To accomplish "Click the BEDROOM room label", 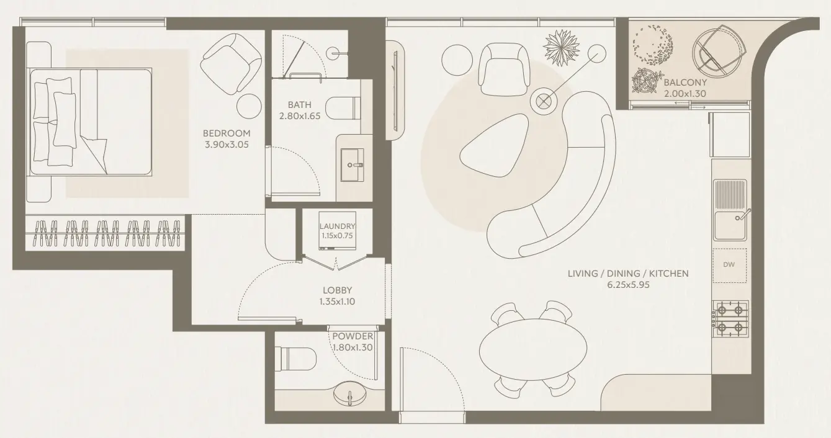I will [227, 133].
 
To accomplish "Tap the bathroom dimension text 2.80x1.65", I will [299, 115].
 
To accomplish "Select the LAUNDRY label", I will [338, 226].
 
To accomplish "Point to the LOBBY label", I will [337, 290].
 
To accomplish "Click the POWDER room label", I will [352, 336].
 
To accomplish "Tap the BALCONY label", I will [685, 83].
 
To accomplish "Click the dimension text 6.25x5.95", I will [627, 285].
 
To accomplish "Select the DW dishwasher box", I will [729, 265].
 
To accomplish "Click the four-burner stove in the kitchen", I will [730, 318].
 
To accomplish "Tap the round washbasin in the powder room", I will [351, 394].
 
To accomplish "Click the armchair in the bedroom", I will [230, 63].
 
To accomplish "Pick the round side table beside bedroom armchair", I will [250, 104].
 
